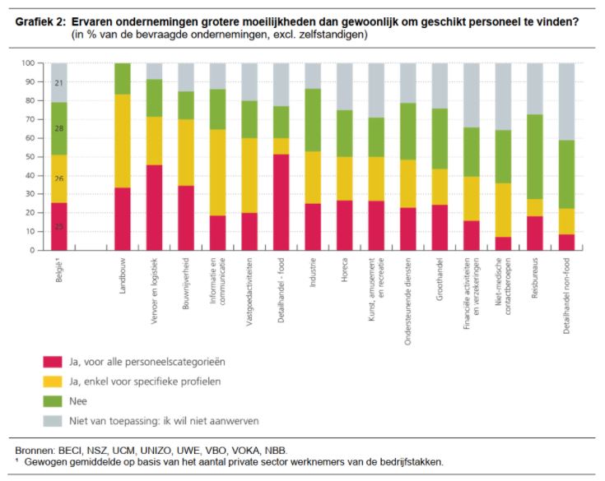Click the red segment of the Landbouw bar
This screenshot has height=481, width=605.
point(122,219)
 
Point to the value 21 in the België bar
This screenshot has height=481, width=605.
point(58,83)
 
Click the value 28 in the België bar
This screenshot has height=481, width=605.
point(58,128)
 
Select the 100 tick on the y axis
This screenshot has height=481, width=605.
point(27,63)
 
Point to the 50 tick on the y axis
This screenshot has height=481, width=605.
point(30,156)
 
